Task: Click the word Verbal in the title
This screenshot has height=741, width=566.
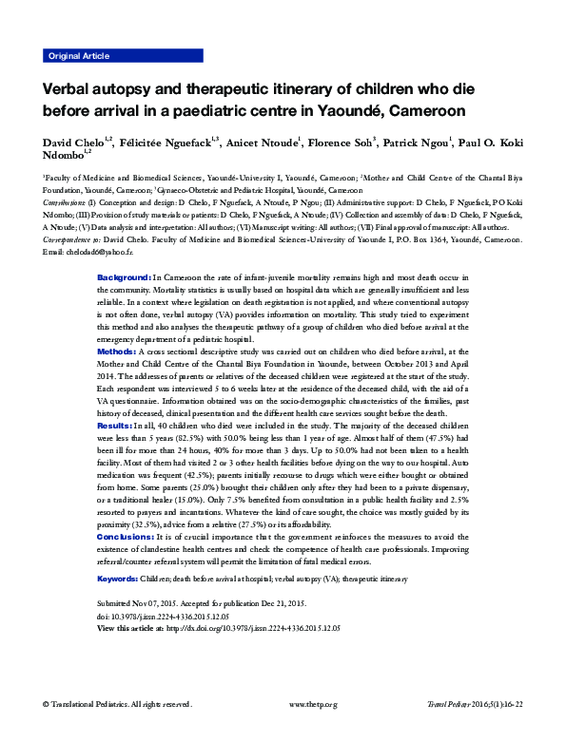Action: click(x=68, y=87)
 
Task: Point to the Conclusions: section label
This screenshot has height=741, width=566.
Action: click(x=127, y=536)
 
